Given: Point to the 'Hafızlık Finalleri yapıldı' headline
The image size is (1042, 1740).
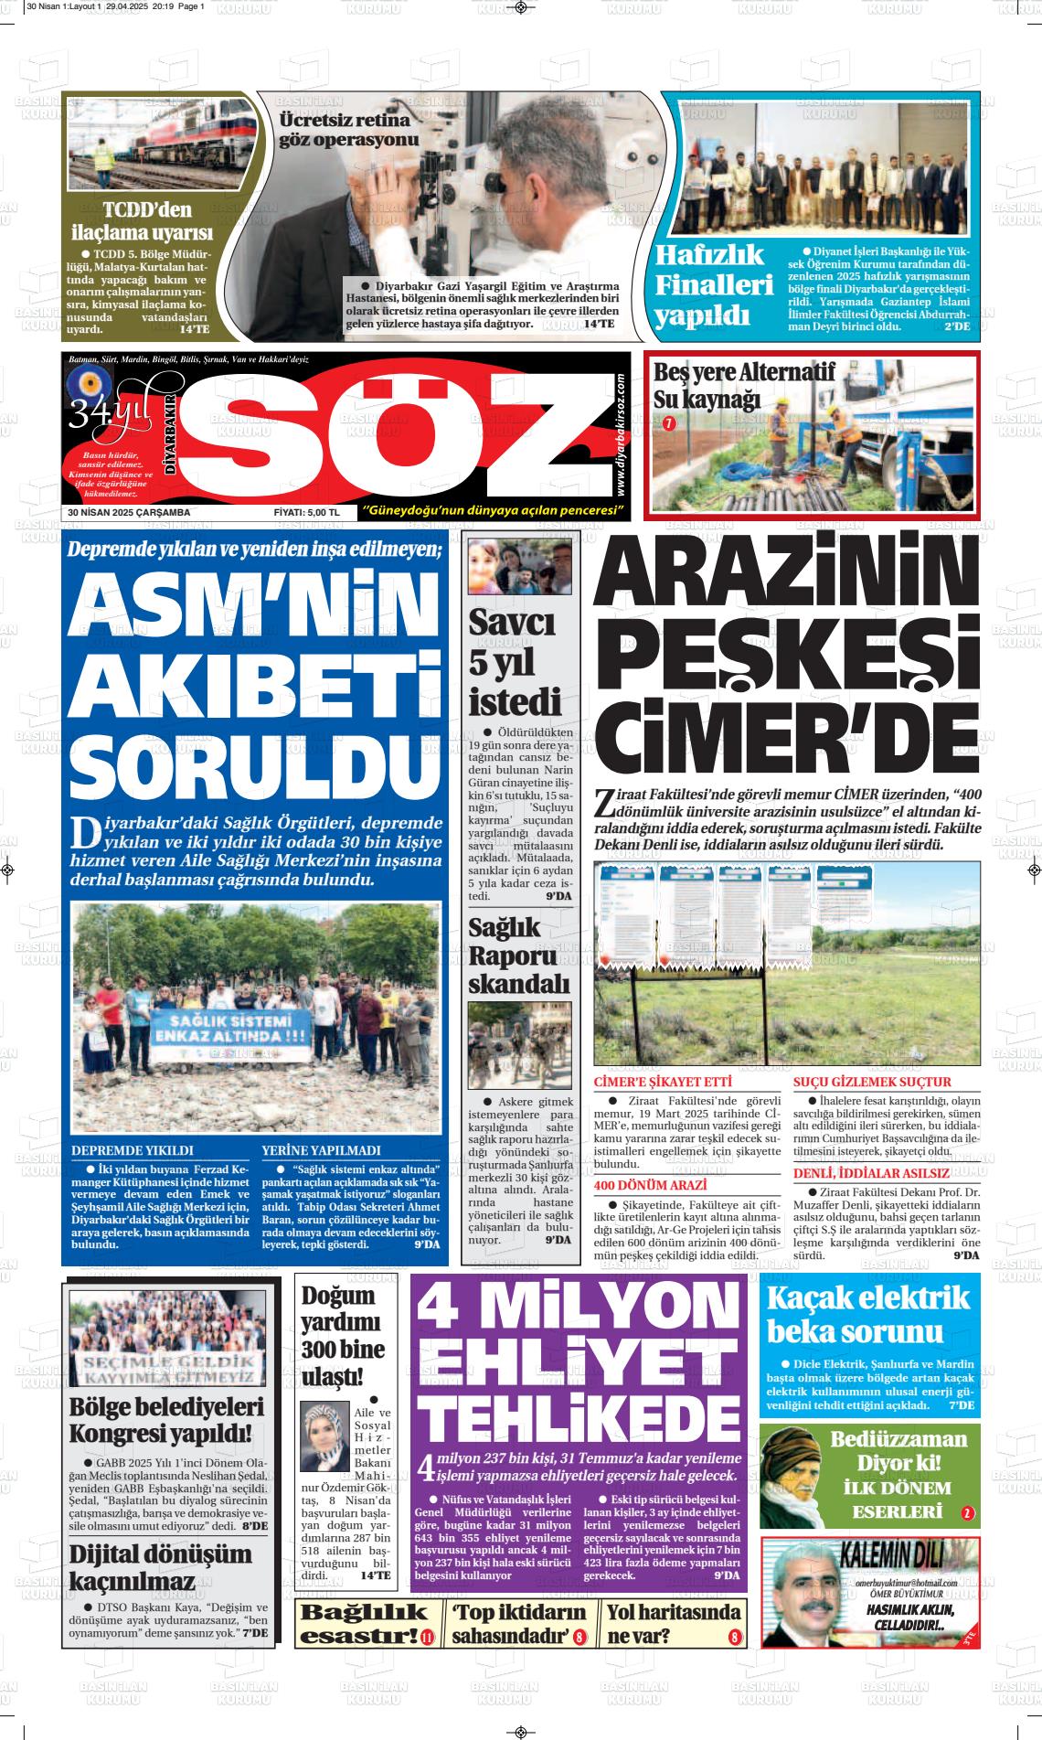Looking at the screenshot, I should point(715,285).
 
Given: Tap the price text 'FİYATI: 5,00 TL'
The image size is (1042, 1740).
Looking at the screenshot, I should point(306,512).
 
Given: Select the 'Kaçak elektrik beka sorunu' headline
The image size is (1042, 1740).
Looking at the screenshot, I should point(867,1313).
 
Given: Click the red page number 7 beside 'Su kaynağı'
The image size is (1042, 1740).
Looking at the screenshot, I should point(668,423).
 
